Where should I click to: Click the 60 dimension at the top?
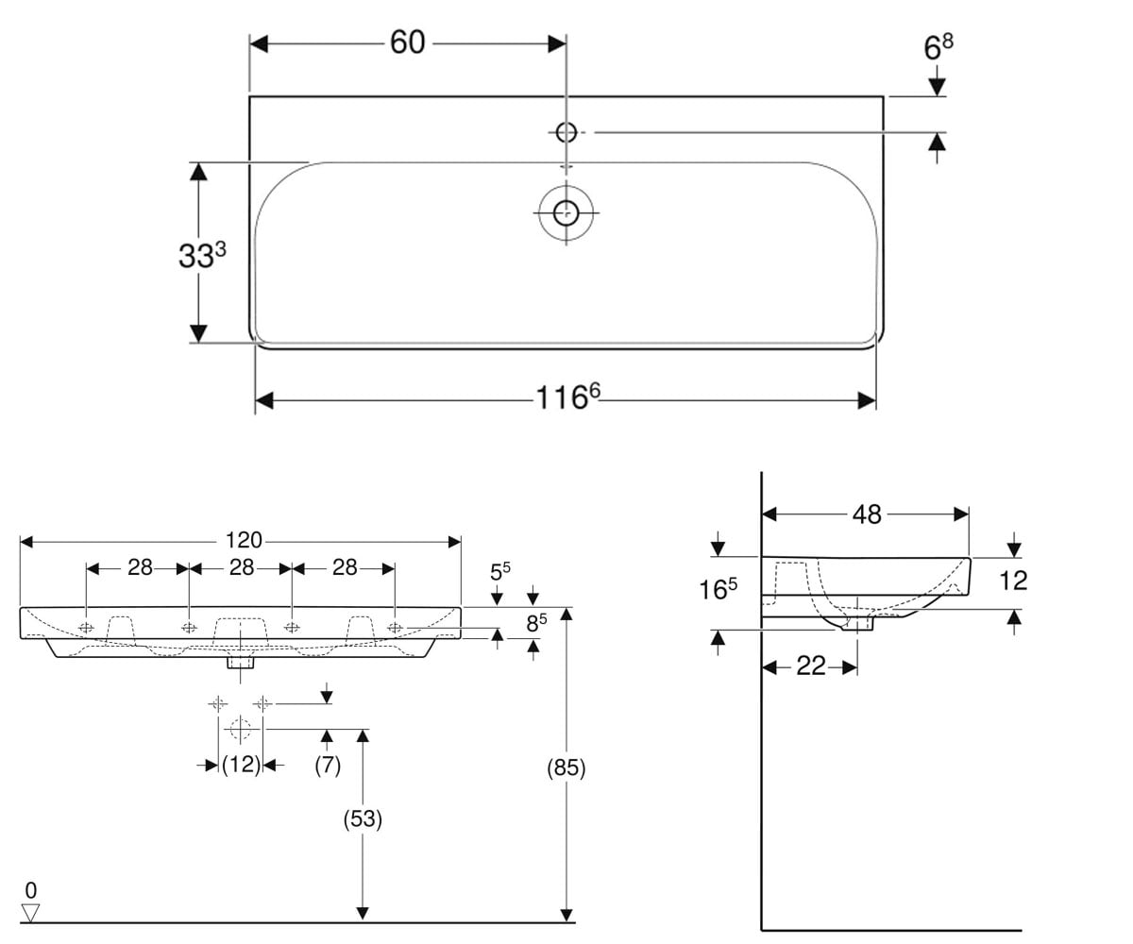[x=408, y=42]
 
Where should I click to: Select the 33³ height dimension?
[x=202, y=255]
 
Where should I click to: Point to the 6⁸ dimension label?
[x=939, y=47]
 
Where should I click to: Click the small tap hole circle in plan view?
[x=566, y=132]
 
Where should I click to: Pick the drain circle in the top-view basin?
[x=566, y=212]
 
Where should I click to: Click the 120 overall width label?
[x=244, y=540]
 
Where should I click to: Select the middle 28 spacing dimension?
[x=242, y=567]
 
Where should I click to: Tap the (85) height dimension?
[x=566, y=767]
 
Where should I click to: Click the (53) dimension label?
[x=363, y=818]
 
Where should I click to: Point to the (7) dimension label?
[x=328, y=766]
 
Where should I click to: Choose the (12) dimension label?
[x=241, y=765]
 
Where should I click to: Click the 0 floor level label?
[x=31, y=890]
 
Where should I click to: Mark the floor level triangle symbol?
[x=30, y=912]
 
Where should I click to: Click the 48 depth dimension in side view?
[x=867, y=514]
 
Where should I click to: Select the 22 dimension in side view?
[x=811, y=666]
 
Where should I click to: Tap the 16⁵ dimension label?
[x=718, y=589]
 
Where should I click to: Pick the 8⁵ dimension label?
[x=536, y=623]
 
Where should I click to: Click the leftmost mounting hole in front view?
[x=86, y=628]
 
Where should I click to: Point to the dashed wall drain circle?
[x=240, y=729]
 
